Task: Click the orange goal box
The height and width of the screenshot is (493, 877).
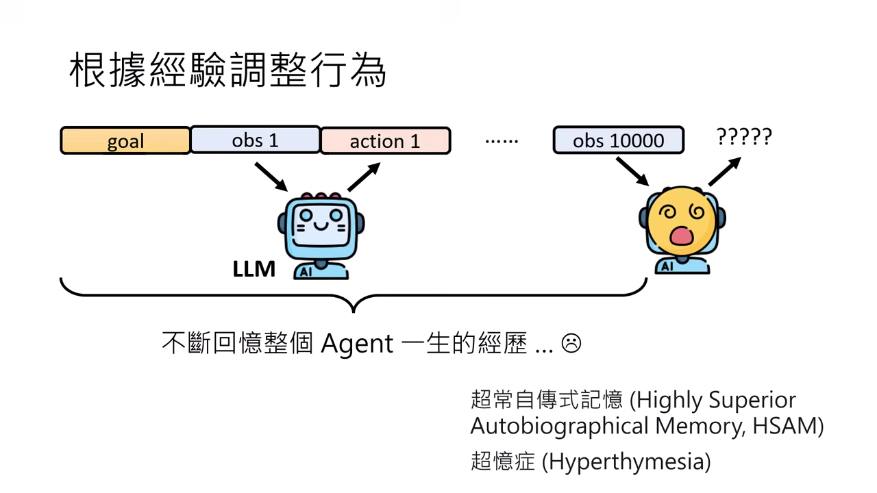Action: [125, 141]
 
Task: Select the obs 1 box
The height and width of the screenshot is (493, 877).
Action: [255, 140]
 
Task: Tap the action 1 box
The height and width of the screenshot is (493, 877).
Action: [385, 141]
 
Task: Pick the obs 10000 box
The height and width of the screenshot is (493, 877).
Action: [618, 140]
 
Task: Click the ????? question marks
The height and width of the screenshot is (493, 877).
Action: [744, 137]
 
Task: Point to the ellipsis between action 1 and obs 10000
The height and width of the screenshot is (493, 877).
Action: [502, 141]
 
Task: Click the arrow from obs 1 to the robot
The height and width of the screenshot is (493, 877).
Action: [271, 177]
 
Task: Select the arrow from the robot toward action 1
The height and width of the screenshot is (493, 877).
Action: [364, 177]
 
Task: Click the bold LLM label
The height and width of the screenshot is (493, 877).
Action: [254, 269]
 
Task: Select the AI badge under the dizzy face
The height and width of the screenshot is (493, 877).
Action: [666, 266]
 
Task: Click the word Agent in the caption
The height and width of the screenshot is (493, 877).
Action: [357, 342]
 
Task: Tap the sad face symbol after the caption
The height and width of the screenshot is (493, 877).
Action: [571, 342]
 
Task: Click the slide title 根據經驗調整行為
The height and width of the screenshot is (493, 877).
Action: [228, 71]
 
